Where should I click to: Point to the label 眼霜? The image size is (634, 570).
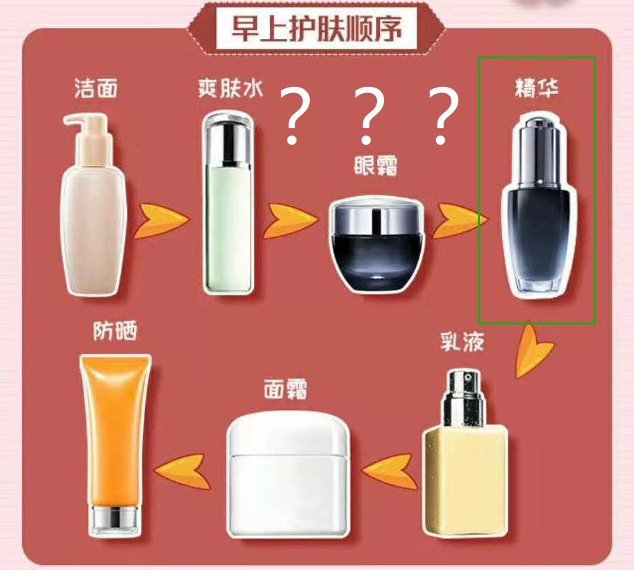coord(375,166)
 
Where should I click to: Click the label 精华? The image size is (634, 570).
coord(537,89)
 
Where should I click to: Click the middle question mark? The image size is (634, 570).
coord(369,117)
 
